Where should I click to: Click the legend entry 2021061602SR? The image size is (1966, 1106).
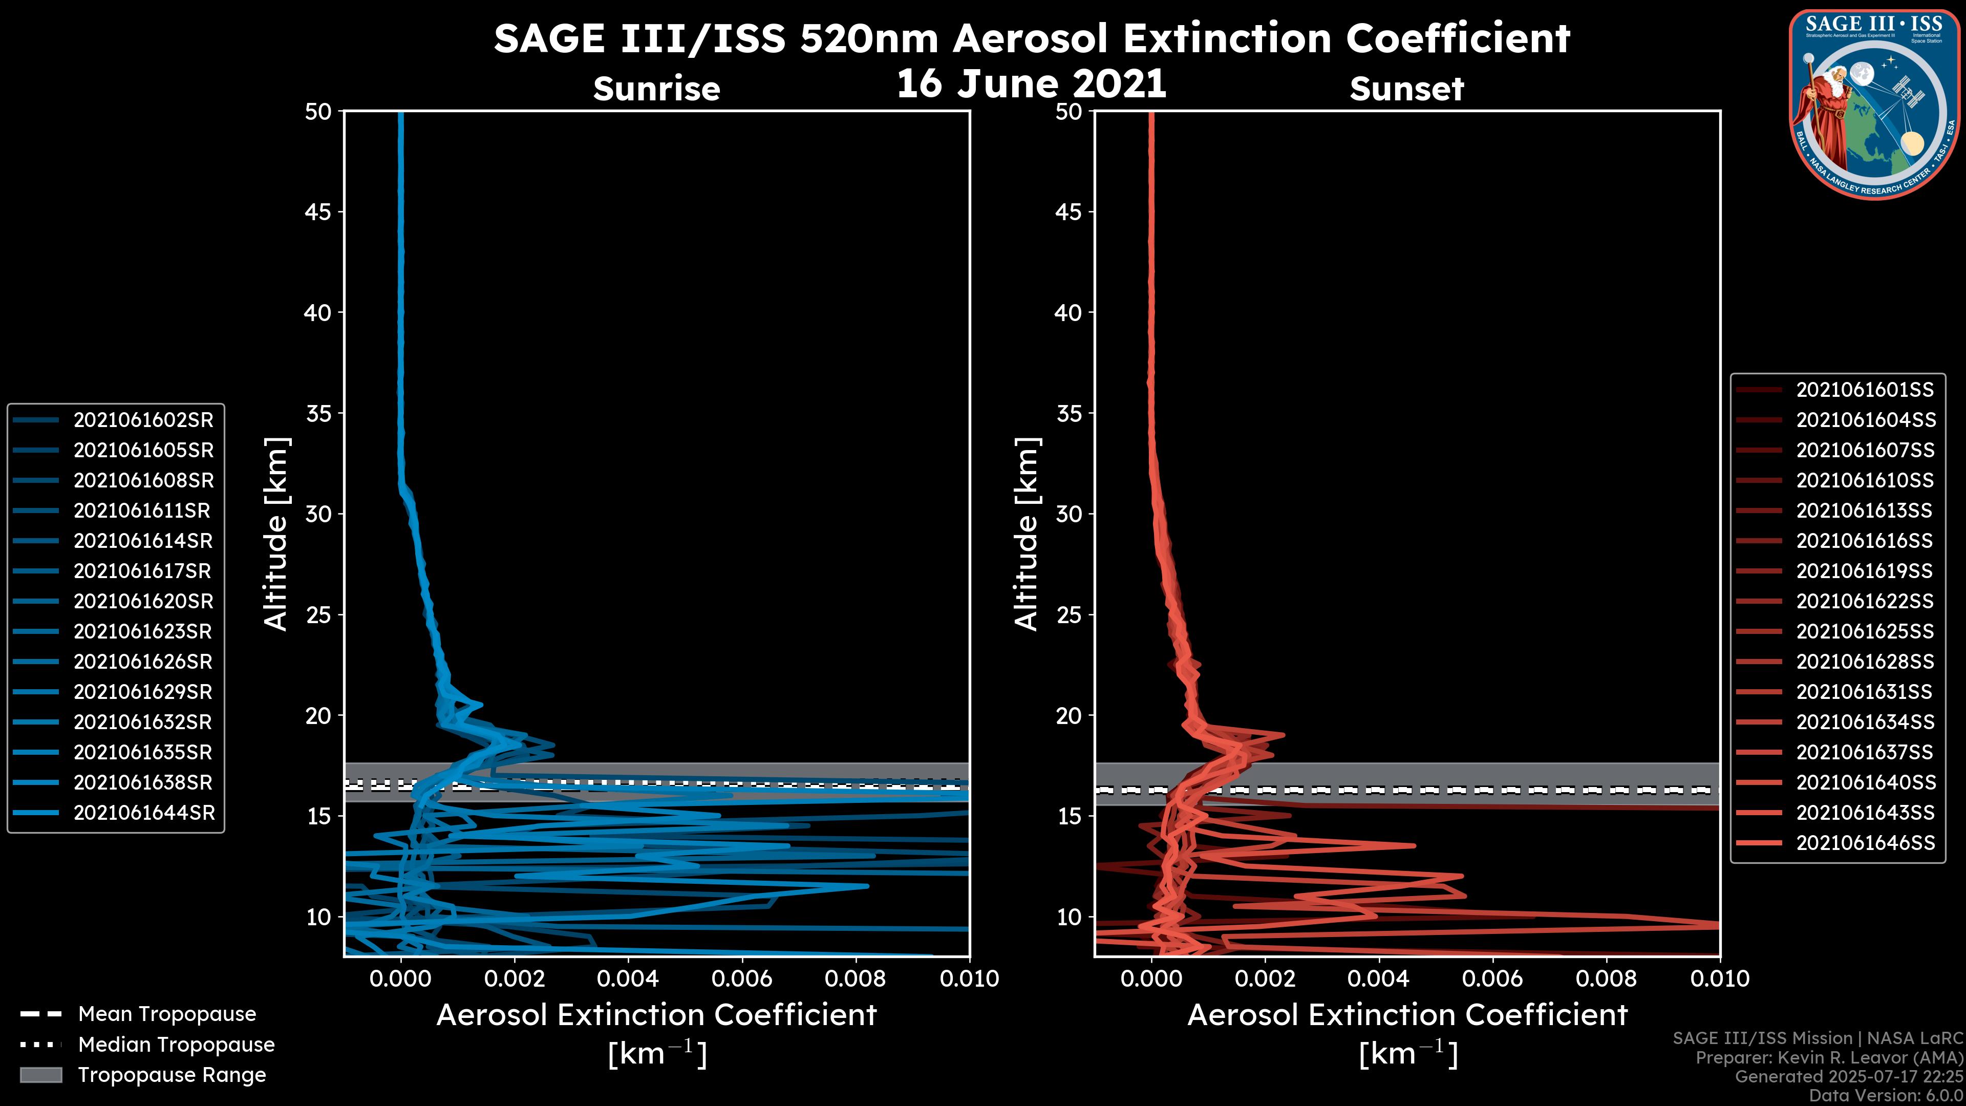pyautogui.click(x=143, y=420)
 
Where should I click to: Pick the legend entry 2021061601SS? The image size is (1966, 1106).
pyautogui.click(x=1865, y=390)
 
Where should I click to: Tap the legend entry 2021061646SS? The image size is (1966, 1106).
pyautogui.click(x=1865, y=843)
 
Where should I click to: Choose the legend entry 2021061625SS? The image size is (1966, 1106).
pyautogui.click(x=1865, y=631)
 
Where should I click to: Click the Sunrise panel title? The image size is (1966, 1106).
pyautogui.click(x=656, y=89)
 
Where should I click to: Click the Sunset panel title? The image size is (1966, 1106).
pyautogui.click(x=1406, y=89)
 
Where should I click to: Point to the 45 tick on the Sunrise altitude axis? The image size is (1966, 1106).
pyautogui.click(x=318, y=212)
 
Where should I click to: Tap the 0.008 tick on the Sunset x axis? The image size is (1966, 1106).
pyautogui.click(x=1607, y=979)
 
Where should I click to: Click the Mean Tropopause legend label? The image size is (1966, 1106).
pyautogui.click(x=167, y=1014)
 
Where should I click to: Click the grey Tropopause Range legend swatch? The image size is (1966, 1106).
pyautogui.click(x=40, y=1075)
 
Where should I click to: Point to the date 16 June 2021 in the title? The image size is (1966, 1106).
pyautogui.click(x=1031, y=84)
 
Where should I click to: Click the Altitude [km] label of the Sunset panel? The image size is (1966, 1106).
pyautogui.click(x=1027, y=534)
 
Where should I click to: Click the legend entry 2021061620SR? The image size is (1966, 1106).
pyautogui.click(x=143, y=602)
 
